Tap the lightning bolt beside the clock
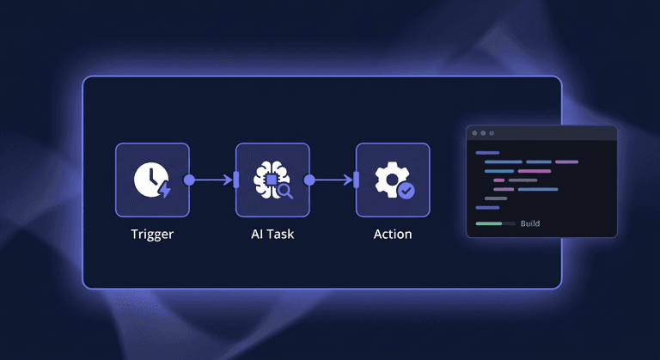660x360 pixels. click(x=164, y=189)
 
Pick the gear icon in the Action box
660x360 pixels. click(x=390, y=177)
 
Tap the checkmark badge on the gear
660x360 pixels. click(x=406, y=190)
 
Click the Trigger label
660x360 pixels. click(x=152, y=234)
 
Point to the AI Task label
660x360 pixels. click(x=272, y=234)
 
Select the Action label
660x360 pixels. click(x=393, y=234)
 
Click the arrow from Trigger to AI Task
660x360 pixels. click(x=213, y=180)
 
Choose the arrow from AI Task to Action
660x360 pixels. click(x=333, y=180)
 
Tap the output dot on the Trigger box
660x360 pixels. click(x=189, y=180)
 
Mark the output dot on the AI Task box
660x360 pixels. click(x=309, y=180)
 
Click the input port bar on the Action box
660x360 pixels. click(x=356, y=180)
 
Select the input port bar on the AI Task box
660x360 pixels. click(x=235, y=180)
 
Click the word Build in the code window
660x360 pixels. click(x=530, y=223)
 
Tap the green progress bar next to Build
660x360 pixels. click(x=489, y=223)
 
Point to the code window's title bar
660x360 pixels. click(x=541, y=133)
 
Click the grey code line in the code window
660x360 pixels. click(x=496, y=198)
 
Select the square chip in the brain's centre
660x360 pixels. click(x=269, y=179)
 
